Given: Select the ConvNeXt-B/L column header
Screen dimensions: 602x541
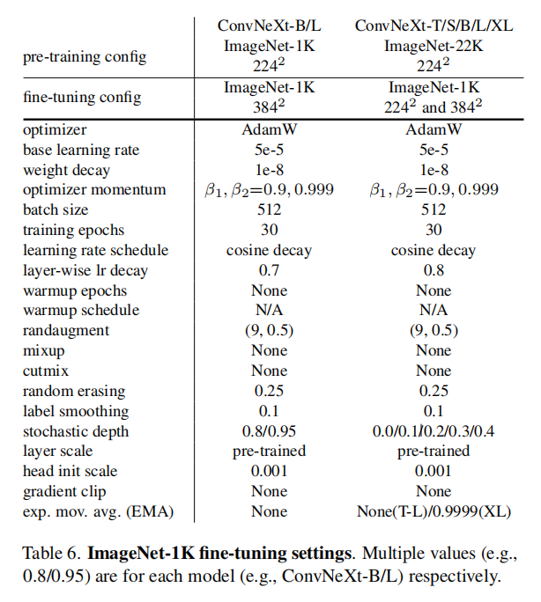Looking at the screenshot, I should tap(269, 26).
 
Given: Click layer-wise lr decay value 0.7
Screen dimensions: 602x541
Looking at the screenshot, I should tap(269, 270).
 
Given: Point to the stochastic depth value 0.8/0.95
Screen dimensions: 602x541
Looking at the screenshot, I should tap(269, 431).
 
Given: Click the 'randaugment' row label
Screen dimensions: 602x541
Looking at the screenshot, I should tap(66, 331).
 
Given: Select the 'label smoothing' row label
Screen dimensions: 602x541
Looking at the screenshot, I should tap(76, 411).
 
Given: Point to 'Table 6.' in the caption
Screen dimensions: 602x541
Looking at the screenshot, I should tap(50, 554).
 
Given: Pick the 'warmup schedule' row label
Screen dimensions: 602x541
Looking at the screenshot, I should tap(81, 310).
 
